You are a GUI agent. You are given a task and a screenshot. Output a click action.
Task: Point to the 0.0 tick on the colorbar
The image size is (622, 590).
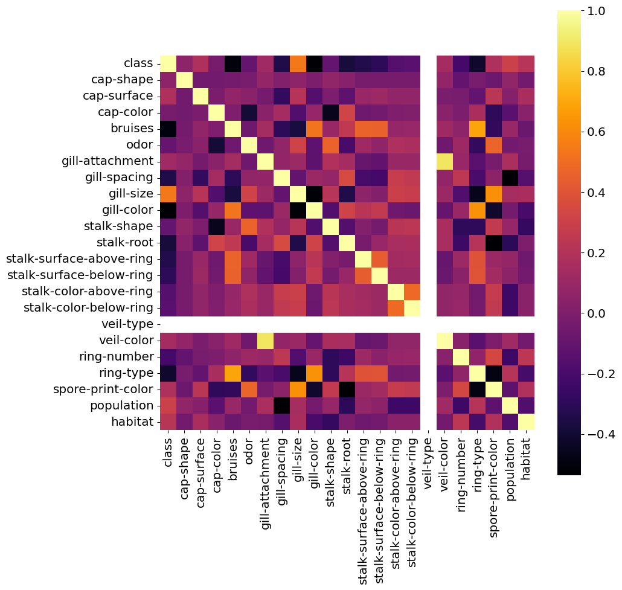point(596,313)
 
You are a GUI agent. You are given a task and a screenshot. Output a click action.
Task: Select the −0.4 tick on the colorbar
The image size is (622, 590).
point(598,434)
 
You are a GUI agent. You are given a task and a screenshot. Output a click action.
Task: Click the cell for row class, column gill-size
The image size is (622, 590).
point(298,63)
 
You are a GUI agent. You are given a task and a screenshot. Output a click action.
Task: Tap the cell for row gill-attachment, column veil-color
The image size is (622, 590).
point(444,161)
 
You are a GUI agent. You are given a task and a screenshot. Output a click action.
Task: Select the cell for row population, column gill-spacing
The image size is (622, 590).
point(281,405)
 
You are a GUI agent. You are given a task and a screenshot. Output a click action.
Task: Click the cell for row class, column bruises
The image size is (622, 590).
point(232,63)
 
